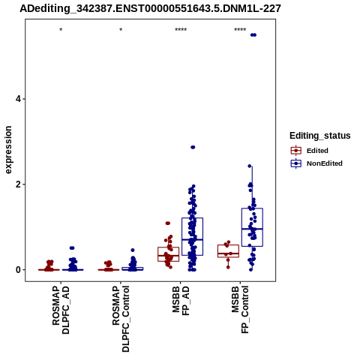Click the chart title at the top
point(150,8)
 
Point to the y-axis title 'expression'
point(8,150)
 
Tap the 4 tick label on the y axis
point(18,99)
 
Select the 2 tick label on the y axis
point(18,184)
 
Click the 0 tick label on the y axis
point(18,270)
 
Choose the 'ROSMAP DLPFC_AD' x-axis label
point(61,310)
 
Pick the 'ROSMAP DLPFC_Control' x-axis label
point(121,319)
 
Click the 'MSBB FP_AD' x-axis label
point(181,301)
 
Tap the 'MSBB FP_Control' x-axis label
point(240,310)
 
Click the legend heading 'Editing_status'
point(320,136)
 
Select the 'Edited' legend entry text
point(317,151)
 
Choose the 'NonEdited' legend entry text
point(325,163)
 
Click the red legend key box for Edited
point(296,151)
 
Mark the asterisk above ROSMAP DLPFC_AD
point(61,30)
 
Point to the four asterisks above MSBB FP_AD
point(181,30)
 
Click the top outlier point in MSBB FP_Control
point(253,35)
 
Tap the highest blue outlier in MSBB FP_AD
point(193,147)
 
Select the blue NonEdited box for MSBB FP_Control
point(252,227)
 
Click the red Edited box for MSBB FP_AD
point(168,254)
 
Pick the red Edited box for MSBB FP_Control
point(228,251)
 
